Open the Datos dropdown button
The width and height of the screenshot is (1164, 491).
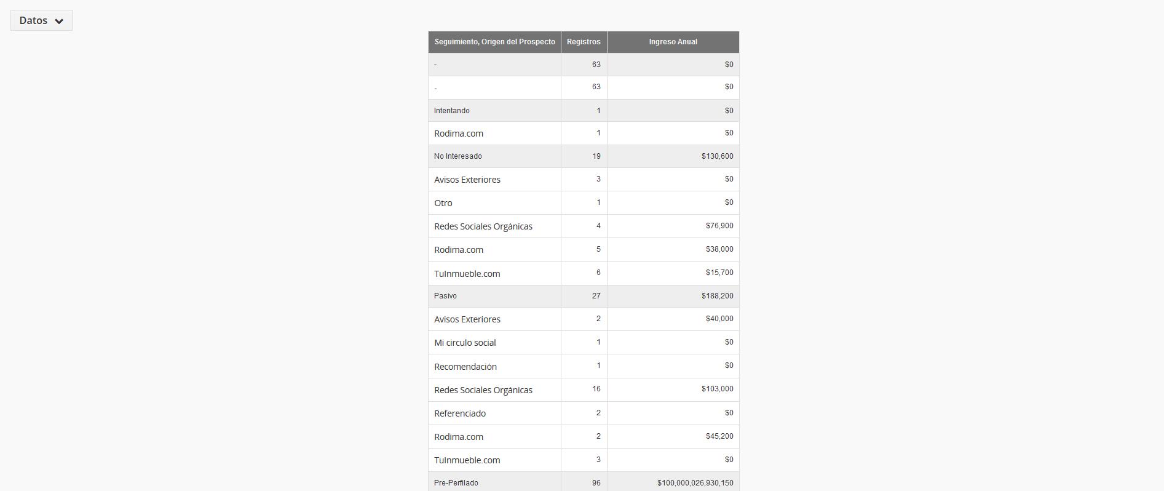(41, 20)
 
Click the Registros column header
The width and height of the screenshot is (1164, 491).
(584, 42)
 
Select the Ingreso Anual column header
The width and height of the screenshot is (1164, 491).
(673, 42)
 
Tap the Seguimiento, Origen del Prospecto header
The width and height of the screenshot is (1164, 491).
(494, 42)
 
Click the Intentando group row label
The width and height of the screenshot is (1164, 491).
(452, 111)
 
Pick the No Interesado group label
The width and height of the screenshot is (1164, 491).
(458, 156)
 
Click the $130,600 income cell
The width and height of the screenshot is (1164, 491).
(717, 156)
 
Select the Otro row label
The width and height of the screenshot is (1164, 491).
(443, 203)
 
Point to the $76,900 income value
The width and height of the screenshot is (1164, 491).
(719, 226)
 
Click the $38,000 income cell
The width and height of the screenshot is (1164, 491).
(719, 249)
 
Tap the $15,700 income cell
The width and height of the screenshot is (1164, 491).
(719, 273)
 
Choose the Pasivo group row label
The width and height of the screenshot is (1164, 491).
(445, 296)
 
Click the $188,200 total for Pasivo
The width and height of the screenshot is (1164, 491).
(717, 296)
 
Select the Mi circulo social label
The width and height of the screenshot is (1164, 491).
(465, 343)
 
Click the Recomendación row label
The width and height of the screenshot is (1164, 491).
(465, 367)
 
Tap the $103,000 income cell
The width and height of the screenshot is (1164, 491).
(717, 389)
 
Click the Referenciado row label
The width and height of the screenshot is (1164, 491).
(460, 413)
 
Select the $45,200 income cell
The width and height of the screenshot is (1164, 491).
(719, 436)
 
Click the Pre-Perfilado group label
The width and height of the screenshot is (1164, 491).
(456, 483)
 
